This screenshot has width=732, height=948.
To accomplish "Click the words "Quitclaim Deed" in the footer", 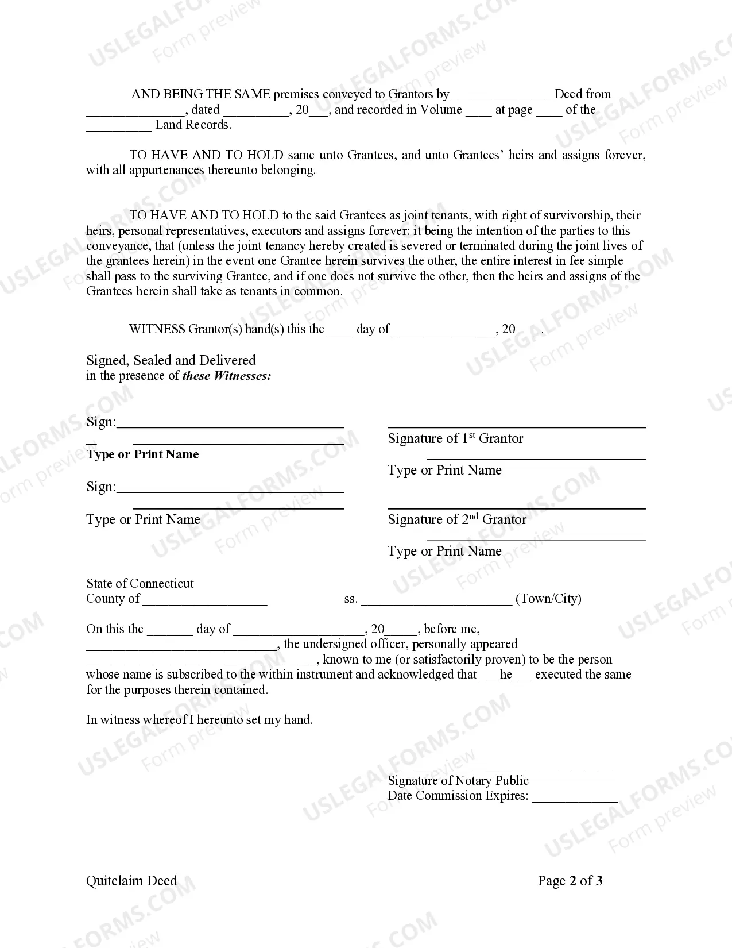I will [x=131, y=881].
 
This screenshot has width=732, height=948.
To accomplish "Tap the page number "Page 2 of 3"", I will [x=570, y=881].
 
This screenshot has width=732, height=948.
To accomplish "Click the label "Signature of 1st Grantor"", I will [x=455, y=438].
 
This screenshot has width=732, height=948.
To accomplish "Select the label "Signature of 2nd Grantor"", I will [x=457, y=519].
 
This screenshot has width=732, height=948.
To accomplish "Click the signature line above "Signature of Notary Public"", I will [x=499, y=770].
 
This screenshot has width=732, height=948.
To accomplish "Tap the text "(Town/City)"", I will [x=548, y=599].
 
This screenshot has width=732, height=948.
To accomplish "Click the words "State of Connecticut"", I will [x=140, y=583].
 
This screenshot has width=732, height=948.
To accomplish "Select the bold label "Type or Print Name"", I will [x=142, y=454].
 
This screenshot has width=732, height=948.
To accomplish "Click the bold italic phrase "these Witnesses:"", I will [x=227, y=376].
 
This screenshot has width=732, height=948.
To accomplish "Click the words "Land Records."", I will [x=193, y=125].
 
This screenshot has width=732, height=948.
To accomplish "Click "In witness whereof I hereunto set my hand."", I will [x=199, y=719].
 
